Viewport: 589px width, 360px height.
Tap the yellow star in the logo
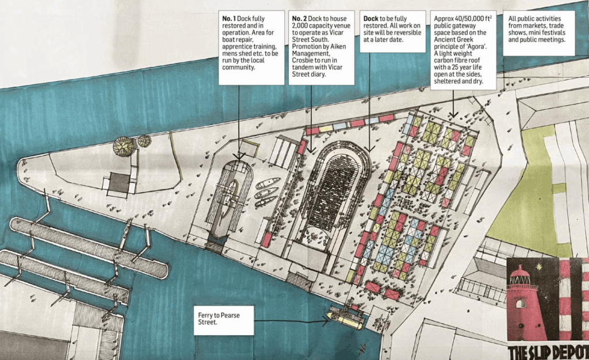540,268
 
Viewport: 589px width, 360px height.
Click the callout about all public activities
538,30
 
